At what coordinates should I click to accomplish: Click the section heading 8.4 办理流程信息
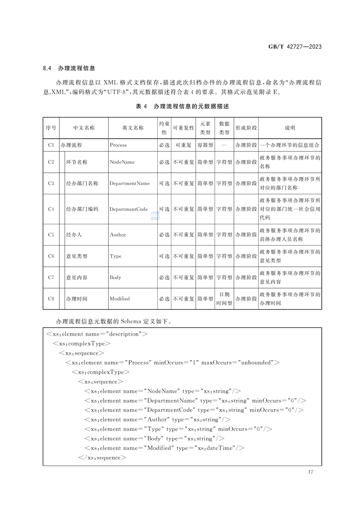pos(69,69)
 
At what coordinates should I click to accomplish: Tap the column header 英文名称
pos(133,128)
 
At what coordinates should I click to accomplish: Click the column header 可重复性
pos(183,128)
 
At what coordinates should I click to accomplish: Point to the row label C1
pos(51,145)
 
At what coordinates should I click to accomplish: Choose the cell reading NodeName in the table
pos(122,162)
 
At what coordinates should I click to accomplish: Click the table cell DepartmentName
pos(129,183)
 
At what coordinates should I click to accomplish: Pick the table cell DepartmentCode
pos(128,209)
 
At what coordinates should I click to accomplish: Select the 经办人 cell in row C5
pos(74,235)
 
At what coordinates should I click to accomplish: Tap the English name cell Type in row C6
pos(116,256)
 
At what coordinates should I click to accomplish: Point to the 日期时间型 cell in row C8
pos(224,299)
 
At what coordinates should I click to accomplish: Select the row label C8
pos(51,299)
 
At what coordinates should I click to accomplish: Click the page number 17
pos(310,472)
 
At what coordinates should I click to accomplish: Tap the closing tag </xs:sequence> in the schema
pos(102,457)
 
